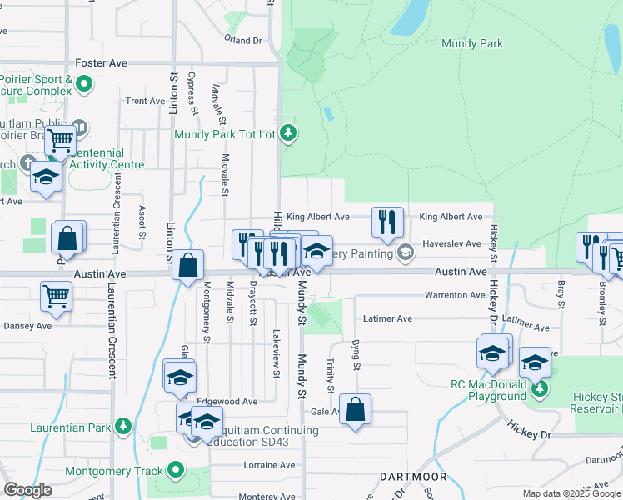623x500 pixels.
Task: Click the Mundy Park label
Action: click(x=472, y=43)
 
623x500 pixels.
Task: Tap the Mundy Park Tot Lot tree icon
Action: click(x=288, y=133)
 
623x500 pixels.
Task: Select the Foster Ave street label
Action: click(x=101, y=62)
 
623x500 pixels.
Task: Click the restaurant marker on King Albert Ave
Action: click(x=387, y=222)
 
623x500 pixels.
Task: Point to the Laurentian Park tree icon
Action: click(x=123, y=427)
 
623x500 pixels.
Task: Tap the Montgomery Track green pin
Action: click(x=175, y=471)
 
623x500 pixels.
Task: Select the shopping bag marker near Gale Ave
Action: click(x=355, y=409)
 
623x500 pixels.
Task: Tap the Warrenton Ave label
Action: click(x=454, y=295)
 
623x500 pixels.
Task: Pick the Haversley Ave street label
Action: click(x=451, y=244)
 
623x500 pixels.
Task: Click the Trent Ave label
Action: click(x=145, y=101)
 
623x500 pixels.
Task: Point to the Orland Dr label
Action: click(x=242, y=40)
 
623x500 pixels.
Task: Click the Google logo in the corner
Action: click(x=27, y=490)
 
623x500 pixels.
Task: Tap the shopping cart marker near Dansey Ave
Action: click(x=56, y=295)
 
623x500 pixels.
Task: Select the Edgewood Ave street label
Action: click(x=227, y=402)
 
